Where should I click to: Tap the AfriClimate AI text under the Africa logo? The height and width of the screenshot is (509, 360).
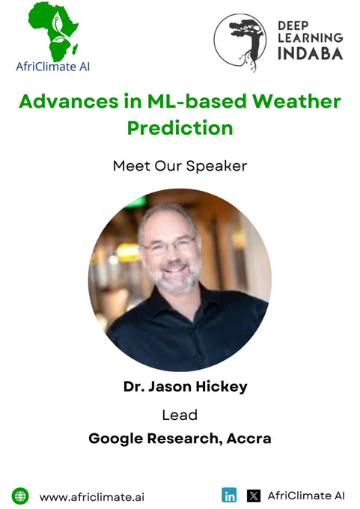[x=52, y=67]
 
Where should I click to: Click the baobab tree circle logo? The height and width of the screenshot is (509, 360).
[x=240, y=42]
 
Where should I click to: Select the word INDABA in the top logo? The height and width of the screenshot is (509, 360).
[x=311, y=54]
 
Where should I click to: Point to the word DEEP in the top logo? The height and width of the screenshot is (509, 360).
[x=293, y=25]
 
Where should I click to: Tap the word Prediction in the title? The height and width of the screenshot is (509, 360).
[x=180, y=128]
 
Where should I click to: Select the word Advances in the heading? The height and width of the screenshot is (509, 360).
[x=69, y=101]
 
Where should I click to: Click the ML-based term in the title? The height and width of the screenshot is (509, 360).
[x=197, y=101]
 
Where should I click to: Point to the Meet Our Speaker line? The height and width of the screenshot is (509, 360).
[x=180, y=166]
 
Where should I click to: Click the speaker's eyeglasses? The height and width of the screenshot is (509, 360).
[x=169, y=246]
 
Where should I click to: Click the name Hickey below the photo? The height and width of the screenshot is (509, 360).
[x=222, y=387]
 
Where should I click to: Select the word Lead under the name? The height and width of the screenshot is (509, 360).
[x=180, y=415]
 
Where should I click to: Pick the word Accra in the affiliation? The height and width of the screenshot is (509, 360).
[x=248, y=439]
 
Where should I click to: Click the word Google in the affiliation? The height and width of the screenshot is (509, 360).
[x=116, y=439]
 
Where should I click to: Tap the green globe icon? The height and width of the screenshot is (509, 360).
[x=20, y=496]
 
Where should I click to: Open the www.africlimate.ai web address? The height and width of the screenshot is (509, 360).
[x=92, y=497]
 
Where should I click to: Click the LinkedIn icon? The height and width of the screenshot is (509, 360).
[x=229, y=496]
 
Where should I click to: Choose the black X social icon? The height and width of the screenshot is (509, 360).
[x=254, y=496]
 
